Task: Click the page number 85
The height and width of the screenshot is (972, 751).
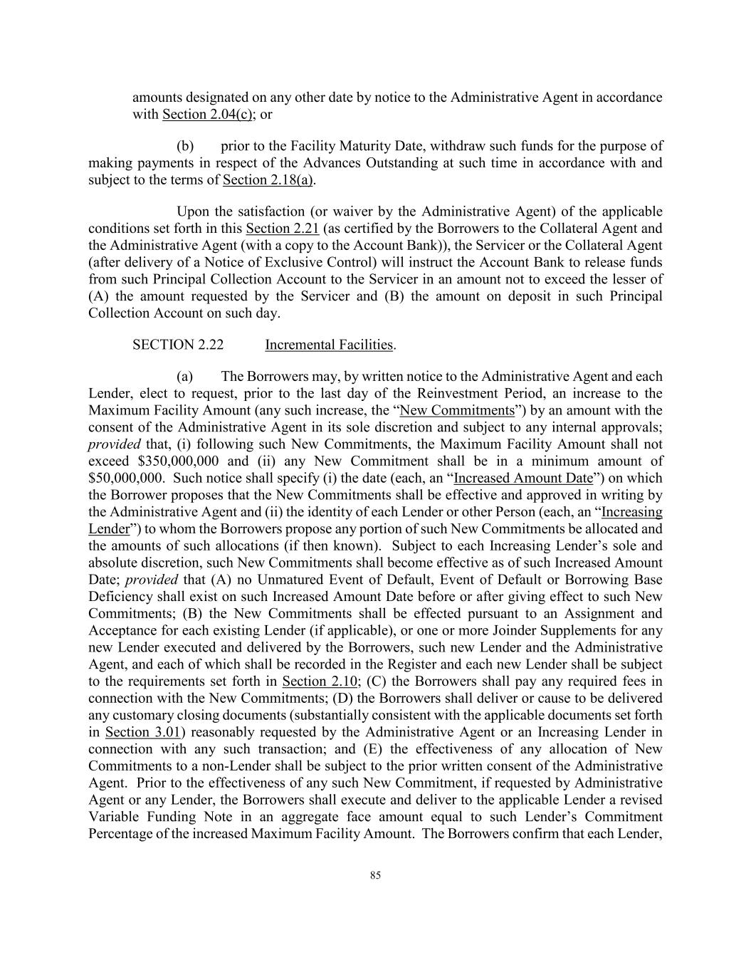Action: [375, 876]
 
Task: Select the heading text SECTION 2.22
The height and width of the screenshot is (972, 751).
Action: [177, 345]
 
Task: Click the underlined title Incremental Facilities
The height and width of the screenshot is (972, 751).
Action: [328, 345]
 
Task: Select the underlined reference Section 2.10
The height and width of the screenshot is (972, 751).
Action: [320, 681]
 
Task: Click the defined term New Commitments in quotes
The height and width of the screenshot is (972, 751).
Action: [457, 410]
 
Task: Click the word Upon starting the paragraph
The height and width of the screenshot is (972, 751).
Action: [193, 211]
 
